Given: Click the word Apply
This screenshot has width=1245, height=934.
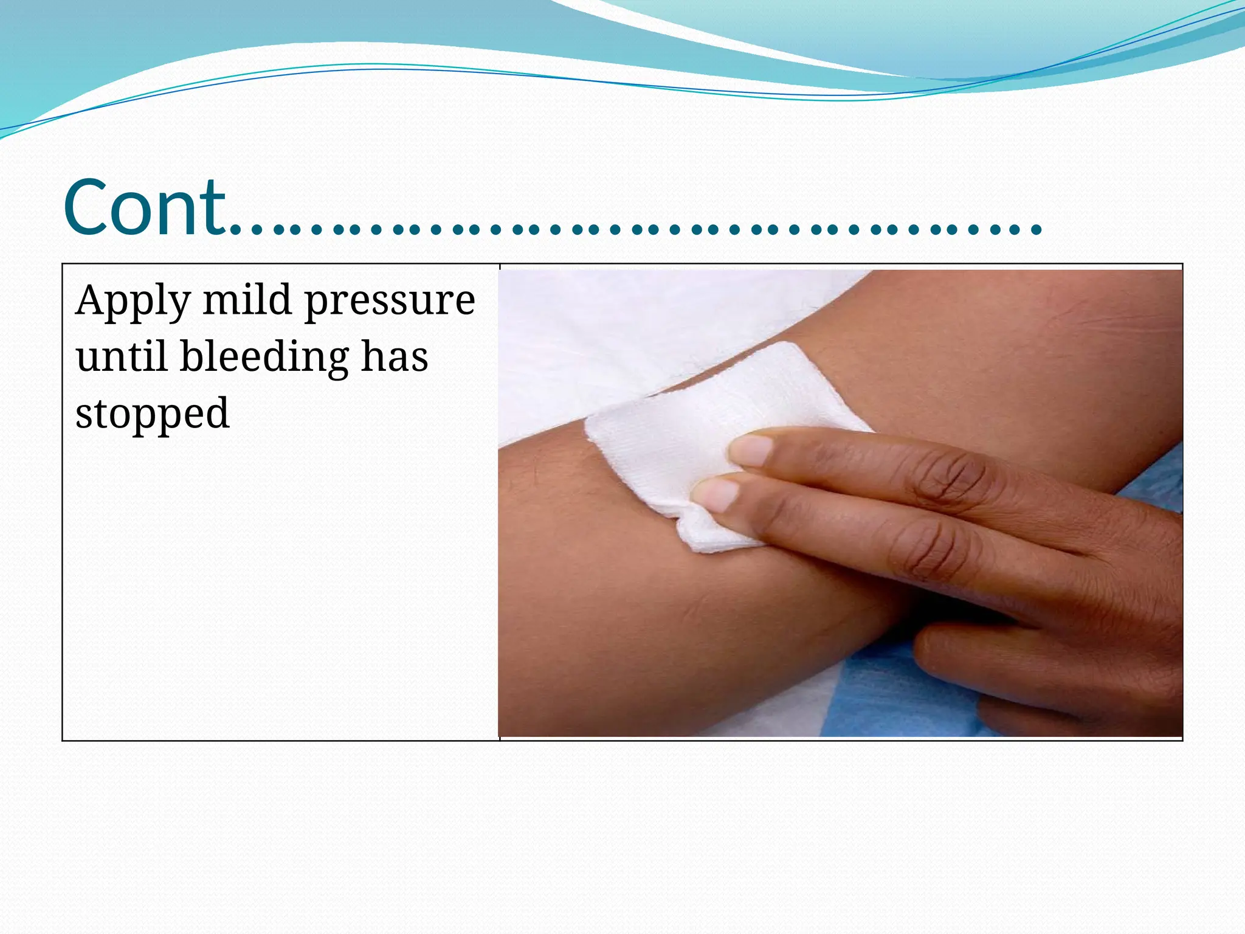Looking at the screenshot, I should click(133, 301).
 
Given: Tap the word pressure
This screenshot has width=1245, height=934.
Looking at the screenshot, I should click(389, 301).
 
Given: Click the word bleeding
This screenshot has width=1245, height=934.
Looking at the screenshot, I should click(264, 358).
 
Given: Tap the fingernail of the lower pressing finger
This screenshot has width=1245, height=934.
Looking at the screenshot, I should click(717, 493).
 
